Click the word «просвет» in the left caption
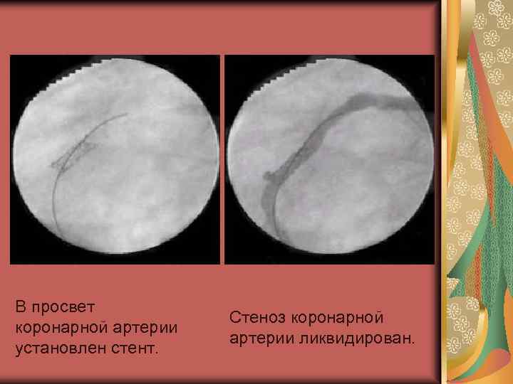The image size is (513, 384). pos(63,306)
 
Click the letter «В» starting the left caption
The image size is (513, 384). pos(20,306)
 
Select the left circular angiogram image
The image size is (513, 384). pos(115,160)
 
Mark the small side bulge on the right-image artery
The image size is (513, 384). pos(266,174)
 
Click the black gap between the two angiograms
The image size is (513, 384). pos(222,160)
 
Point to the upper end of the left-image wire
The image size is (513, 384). pos(125,114)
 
